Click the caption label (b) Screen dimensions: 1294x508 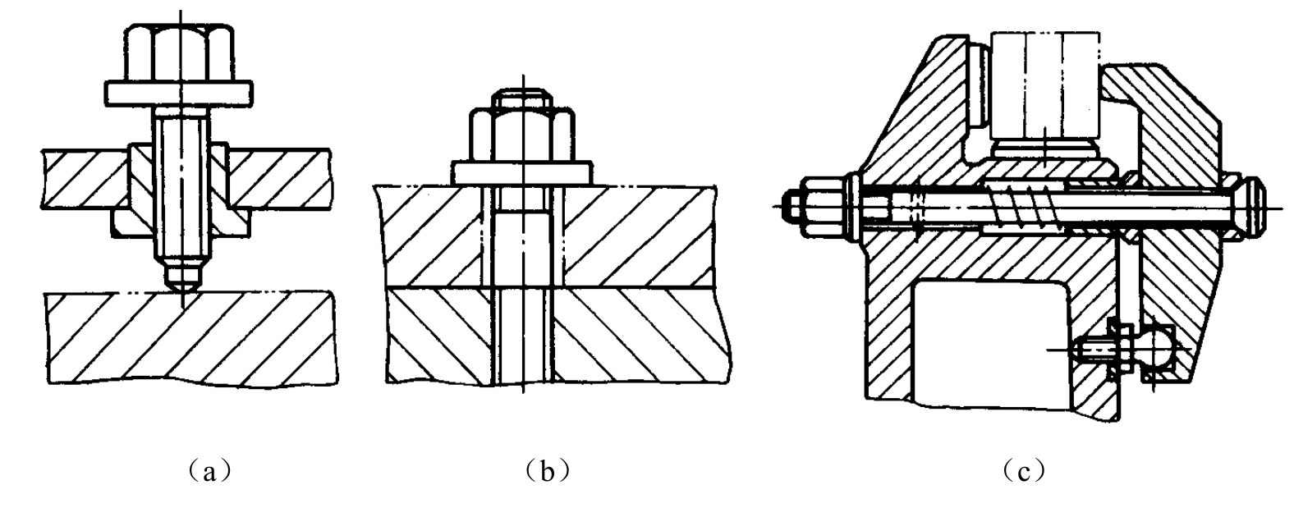547,472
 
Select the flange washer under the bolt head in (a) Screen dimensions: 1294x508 178,94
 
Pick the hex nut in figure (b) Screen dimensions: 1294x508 521,134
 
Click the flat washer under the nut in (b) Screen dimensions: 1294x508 521,173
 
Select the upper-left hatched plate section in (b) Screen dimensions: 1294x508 430,236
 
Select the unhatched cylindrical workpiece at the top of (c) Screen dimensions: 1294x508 1044,94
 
